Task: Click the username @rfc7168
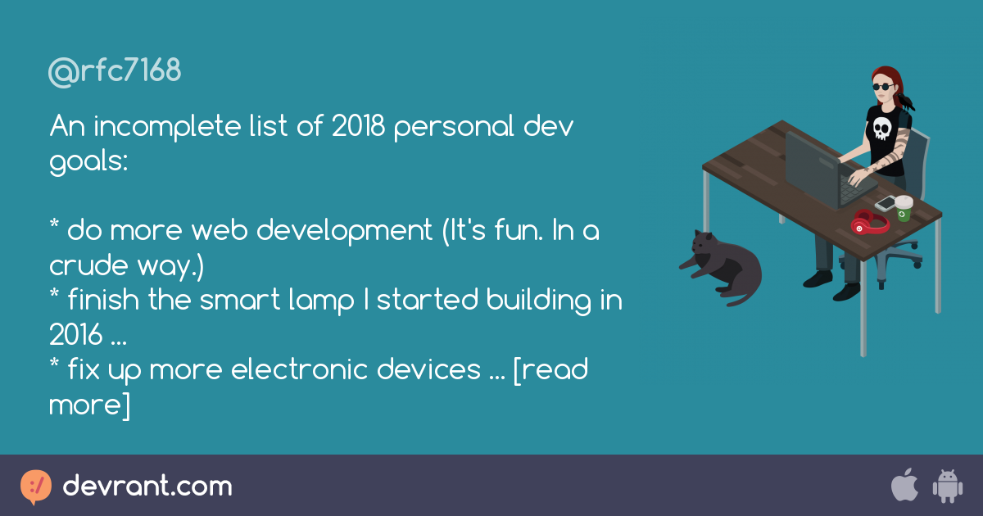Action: coord(115,72)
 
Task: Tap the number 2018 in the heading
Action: coord(358,127)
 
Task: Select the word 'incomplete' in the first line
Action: coord(163,127)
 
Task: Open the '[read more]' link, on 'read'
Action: coord(558,370)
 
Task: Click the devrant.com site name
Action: coord(147,487)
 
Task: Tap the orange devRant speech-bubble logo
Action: coord(36,487)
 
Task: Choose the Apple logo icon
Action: coord(904,486)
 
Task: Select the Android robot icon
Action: coord(946,487)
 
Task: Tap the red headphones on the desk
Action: coord(869,222)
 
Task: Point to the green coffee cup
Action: coord(903,208)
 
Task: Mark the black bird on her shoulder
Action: coord(907,102)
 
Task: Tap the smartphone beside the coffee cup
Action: coord(886,202)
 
